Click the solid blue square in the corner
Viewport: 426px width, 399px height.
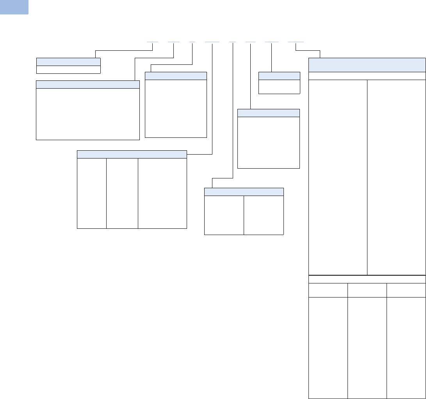(x=14, y=7)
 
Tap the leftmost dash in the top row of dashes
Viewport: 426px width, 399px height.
(x=152, y=41)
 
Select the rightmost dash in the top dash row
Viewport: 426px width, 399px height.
(x=296, y=41)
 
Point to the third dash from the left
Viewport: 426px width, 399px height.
(x=192, y=41)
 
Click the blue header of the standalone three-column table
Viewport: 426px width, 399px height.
(x=132, y=154)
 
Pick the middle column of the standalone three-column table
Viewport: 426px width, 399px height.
(x=122, y=193)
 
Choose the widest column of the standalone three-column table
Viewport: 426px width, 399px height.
(x=162, y=193)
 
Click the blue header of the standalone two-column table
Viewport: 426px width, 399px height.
(x=244, y=191)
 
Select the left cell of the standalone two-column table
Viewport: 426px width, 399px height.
(x=224, y=215)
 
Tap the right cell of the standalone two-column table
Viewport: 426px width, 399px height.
(x=264, y=215)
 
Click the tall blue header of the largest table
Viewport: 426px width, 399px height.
(x=367, y=64)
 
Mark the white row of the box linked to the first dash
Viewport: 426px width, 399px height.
(x=68, y=69)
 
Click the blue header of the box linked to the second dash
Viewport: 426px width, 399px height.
(x=87, y=84)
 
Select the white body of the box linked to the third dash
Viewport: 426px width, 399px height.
(x=175, y=109)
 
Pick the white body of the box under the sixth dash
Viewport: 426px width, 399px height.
(x=268, y=142)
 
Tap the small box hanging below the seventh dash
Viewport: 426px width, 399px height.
(x=279, y=83)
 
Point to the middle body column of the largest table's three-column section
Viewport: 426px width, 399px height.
(x=367, y=347)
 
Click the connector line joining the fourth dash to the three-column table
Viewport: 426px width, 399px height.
(x=212, y=98)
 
